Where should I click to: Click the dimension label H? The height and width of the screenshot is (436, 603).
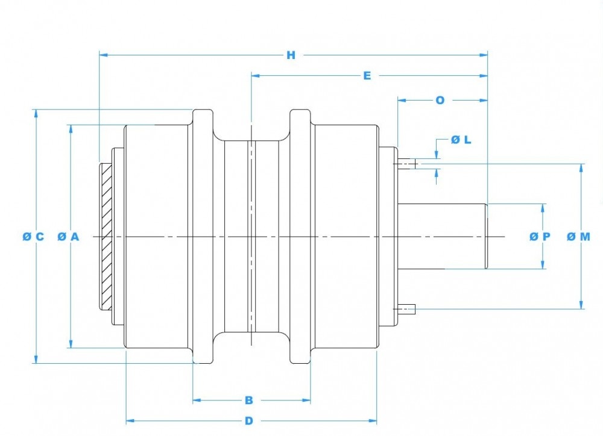pos(291,55)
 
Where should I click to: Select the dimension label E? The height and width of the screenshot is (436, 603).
pos(367,76)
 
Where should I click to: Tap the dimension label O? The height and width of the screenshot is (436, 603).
pos(440,100)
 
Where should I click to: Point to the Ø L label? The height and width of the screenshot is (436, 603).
pos(461,140)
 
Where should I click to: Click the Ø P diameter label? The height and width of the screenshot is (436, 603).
pos(540,237)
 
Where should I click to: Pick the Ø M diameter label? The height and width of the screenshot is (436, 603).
pos(578,237)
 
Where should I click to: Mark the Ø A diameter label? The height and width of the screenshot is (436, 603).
pos(68,237)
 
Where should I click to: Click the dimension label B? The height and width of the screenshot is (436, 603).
pos(248,400)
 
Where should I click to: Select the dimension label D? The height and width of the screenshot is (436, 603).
pos(248,421)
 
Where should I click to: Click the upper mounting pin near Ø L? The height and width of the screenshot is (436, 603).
pos(407,163)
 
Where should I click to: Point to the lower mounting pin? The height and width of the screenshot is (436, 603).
pos(406,310)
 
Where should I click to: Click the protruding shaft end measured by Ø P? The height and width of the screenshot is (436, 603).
pos(443,236)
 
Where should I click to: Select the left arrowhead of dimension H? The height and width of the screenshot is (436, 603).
pos(103,55)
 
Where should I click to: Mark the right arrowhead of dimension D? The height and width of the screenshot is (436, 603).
pos(373,421)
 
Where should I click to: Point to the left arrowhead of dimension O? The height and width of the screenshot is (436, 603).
pos(401,100)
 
